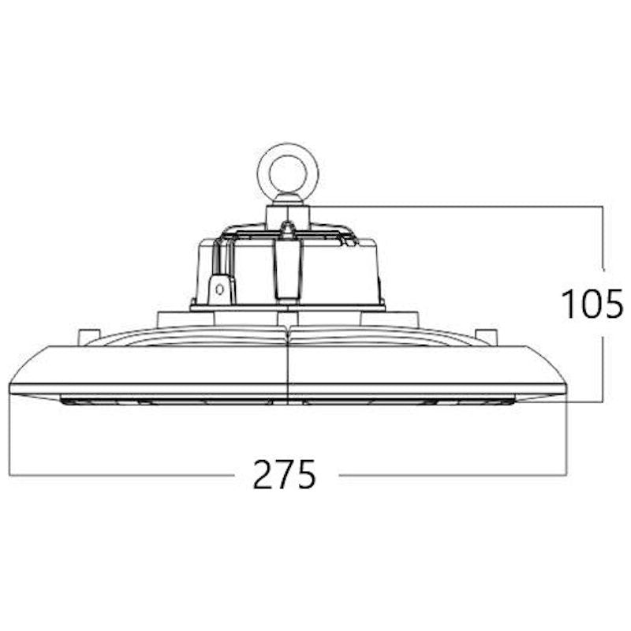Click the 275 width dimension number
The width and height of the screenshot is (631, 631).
(x=285, y=474)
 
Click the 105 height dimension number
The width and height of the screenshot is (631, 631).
(x=592, y=304)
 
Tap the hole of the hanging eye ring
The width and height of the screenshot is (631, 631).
(x=289, y=168)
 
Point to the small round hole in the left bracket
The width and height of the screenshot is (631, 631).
(x=220, y=289)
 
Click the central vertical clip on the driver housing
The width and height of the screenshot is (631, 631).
(x=288, y=268)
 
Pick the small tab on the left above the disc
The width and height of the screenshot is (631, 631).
(x=88, y=336)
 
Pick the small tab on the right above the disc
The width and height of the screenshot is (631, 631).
(x=487, y=336)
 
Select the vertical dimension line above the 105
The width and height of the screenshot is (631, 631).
(x=603, y=237)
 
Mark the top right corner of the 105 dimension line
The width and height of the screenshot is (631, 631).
(x=603, y=207)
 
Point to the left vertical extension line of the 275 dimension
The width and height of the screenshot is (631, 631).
(x=9, y=434)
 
